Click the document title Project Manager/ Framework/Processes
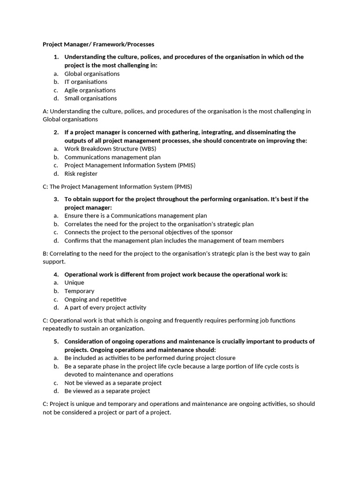click(98, 44)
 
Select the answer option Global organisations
click(92, 74)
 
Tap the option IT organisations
click(86, 82)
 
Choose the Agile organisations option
click(90, 90)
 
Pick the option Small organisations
click(90, 98)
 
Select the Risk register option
click(81, 173)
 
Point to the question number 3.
click(56, 199)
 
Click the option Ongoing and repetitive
click(95, 299)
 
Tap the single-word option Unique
click(74, 282)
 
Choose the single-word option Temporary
click(79, 291)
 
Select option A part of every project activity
click(105, 307)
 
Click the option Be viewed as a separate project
click(107, 390)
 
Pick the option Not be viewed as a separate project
click(113, 382)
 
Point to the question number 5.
click(56, 341)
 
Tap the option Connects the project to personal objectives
click(148, 232)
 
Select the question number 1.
click(56, 57)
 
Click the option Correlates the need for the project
click(159, 224)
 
